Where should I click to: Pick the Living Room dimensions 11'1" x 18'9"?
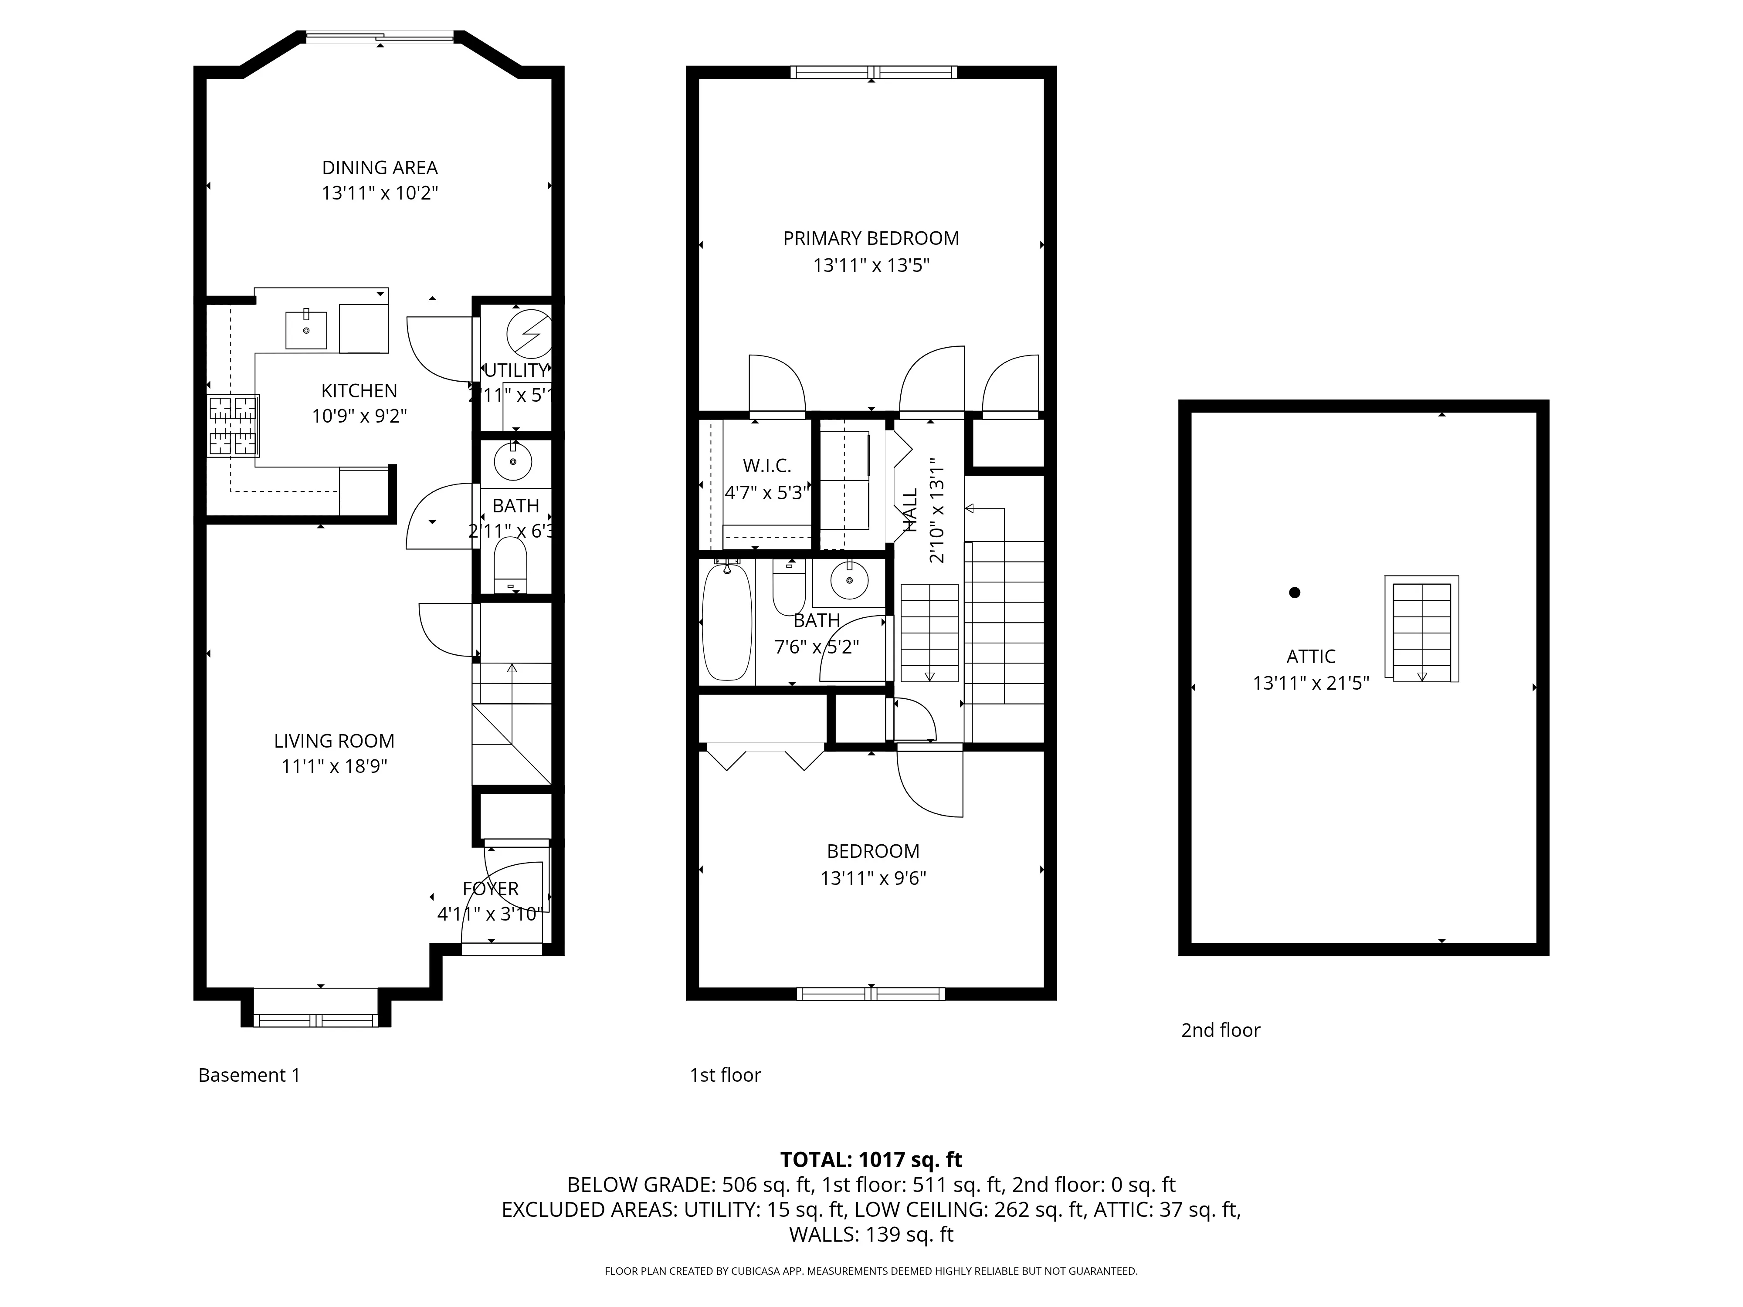click(334, 766)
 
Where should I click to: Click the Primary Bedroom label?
click(871, 238)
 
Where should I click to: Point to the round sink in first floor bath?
click(849, 581)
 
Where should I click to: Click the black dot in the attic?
click(1294, 593)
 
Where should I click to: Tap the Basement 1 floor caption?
click(249, 1075)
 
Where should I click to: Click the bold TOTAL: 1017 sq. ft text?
click(871, 1160)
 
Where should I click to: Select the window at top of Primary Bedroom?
click(873, 72)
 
